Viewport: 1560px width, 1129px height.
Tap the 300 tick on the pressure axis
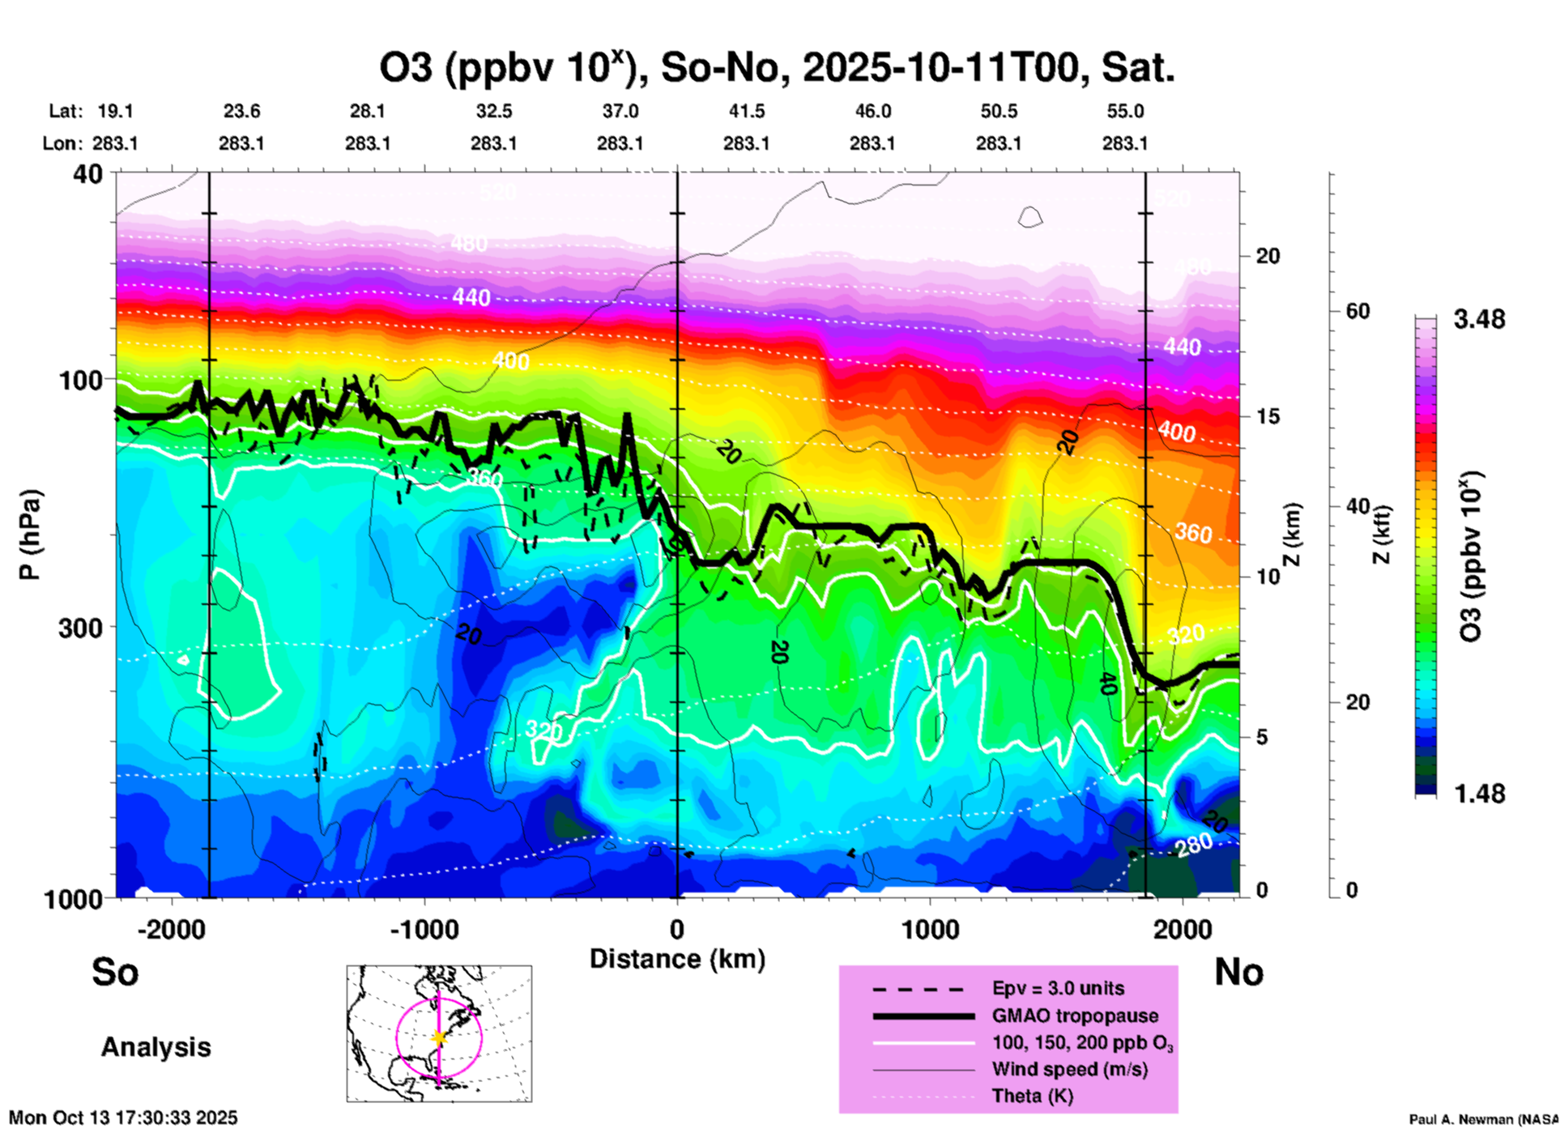coord(80,628)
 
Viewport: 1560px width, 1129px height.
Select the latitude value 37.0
coord(620,111)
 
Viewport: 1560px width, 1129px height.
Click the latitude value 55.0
coord(1125,111)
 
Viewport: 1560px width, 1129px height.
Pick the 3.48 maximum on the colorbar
coord(1479,320)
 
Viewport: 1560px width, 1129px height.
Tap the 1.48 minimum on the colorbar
coord(1479,794)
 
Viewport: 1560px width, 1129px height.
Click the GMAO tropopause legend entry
coord(1075,1016)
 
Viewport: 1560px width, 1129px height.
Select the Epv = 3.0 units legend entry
coord(1058,988)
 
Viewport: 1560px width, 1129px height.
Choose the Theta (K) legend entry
coord(1032,1096)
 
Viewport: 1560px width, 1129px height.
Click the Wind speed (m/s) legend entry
coord(1069,1069)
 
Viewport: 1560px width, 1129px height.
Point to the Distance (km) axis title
coord(677,959)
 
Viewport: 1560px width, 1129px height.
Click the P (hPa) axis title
coord(30,534)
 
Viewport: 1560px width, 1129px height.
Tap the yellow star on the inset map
coord(439,1037)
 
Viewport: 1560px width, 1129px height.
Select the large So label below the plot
coord(115,972)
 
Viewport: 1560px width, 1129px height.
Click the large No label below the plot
coord(1238,972)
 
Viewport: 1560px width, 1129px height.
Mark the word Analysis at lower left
coord(156,1047)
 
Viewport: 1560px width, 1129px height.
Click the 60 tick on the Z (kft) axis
coord(1358,311)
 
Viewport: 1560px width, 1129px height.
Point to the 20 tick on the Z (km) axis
coord(1268,256)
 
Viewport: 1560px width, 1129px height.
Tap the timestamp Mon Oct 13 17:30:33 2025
coord(123,1118)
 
